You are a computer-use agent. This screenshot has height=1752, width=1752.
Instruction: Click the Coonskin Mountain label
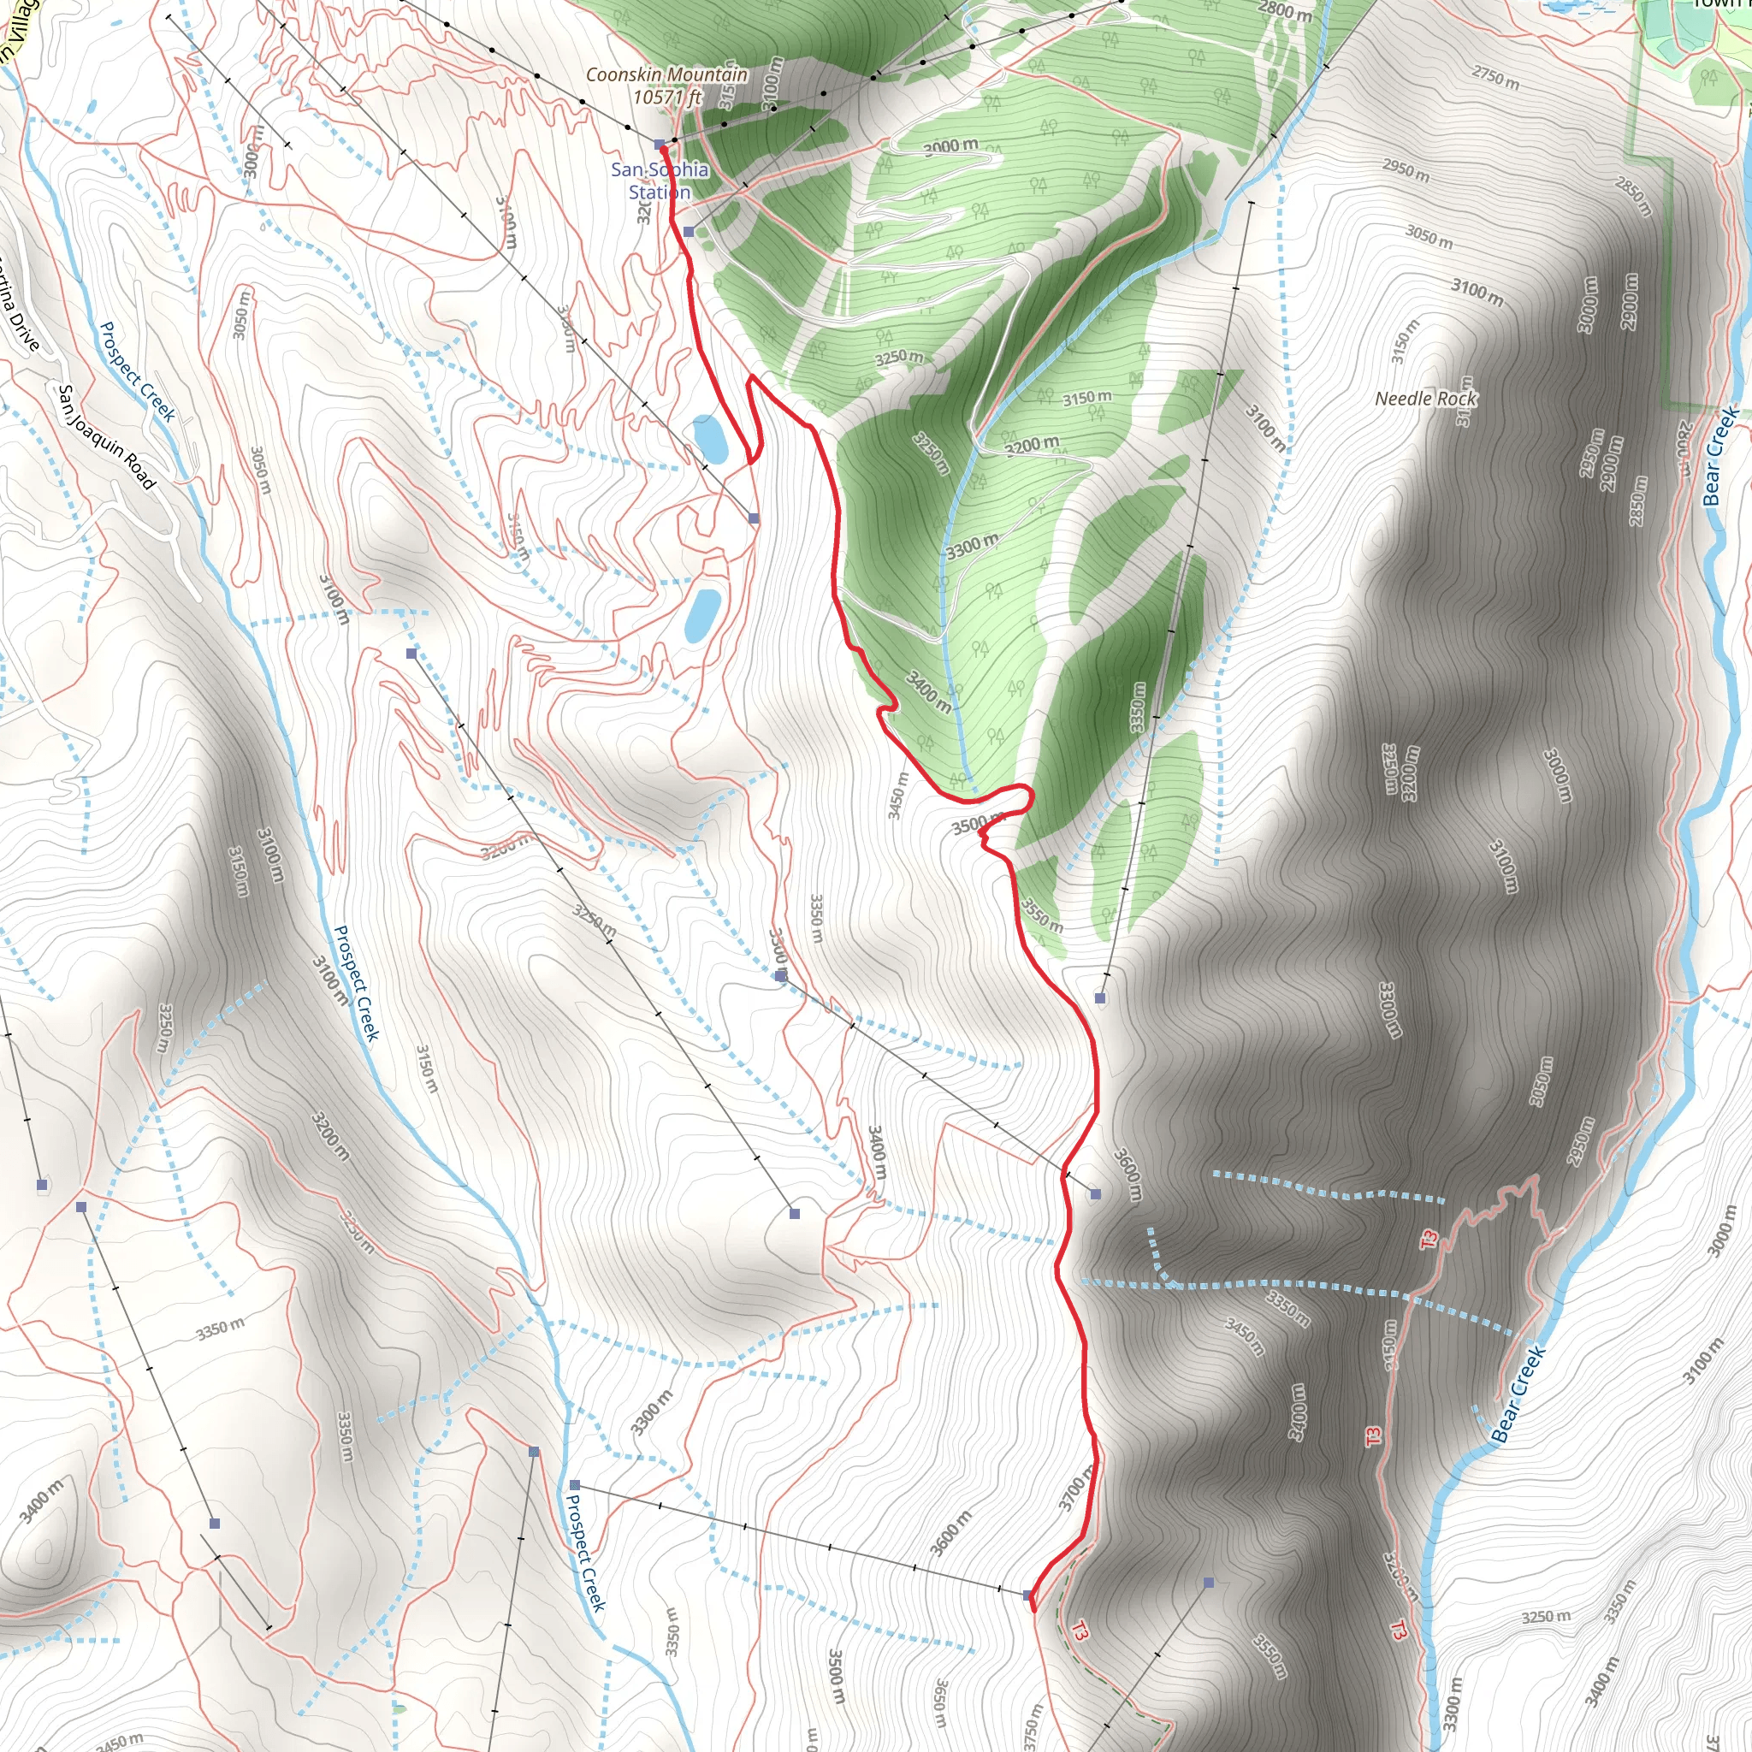(666, 74)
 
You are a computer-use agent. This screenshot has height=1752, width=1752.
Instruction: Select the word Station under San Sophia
(660, 192)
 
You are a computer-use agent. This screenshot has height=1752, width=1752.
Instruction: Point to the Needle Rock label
(1425, 399)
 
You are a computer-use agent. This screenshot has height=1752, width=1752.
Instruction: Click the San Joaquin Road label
(106, 437)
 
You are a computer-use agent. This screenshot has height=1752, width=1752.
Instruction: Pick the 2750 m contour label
(1495, 78)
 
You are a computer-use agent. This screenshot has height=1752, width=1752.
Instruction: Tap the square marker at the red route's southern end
(1028, 1595)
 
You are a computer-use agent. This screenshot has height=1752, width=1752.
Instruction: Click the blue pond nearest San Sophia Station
(710, 438)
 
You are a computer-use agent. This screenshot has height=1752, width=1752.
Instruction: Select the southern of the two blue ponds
(703, 615)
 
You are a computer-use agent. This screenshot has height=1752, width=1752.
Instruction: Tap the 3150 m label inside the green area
(1086, 397)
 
